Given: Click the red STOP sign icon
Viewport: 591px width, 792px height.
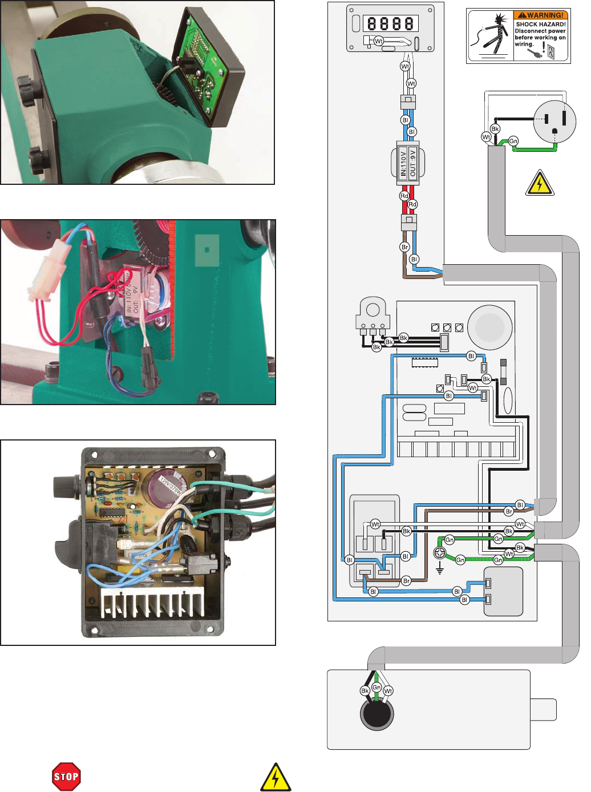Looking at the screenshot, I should tap(66, 777).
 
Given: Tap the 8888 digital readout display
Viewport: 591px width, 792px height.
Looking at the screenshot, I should tap(391, 23).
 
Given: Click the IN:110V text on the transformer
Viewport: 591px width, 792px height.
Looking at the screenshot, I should tap(403, 162).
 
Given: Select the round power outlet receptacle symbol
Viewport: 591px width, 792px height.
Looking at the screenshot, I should tap(554, 120).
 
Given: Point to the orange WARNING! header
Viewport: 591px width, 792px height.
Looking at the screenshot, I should tap(541, 15).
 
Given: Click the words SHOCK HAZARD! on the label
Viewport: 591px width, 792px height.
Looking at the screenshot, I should tap(540, 25).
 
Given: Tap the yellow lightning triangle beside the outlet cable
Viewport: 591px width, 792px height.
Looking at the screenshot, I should tap(539, 183).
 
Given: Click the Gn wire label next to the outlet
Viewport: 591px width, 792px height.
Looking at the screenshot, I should tap(513, 141).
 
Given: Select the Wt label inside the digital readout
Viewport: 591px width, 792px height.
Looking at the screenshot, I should tap(378, 41).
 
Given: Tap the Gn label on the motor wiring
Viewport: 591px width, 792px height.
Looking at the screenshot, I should tap(377, 688).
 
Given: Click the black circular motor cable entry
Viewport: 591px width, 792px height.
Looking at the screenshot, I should tap(377, 714).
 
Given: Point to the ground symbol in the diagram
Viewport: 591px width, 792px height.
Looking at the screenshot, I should tap(440, 569).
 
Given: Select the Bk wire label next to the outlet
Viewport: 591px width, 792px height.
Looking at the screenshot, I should tap(495, 129).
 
